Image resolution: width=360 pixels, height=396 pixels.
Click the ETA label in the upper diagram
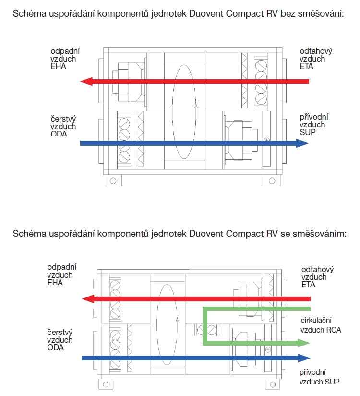(x=307, y=66)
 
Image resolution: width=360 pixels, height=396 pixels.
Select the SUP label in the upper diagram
(x=308, y=131)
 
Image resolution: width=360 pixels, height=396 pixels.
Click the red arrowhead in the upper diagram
(x=86, y=81)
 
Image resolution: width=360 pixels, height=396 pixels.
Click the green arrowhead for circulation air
(x=303, y=343)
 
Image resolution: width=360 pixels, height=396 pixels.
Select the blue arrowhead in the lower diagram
(x=303, y=358)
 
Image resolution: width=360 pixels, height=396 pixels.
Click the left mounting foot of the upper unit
(x=113, y=181)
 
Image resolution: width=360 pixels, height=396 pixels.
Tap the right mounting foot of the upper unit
(x=272, y=181)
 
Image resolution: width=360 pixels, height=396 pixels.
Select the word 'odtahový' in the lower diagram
(x=317, y=269)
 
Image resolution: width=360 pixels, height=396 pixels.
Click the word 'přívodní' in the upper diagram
(x=313, y=117)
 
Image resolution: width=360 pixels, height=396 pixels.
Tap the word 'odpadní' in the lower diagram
(x=60, y=268)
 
